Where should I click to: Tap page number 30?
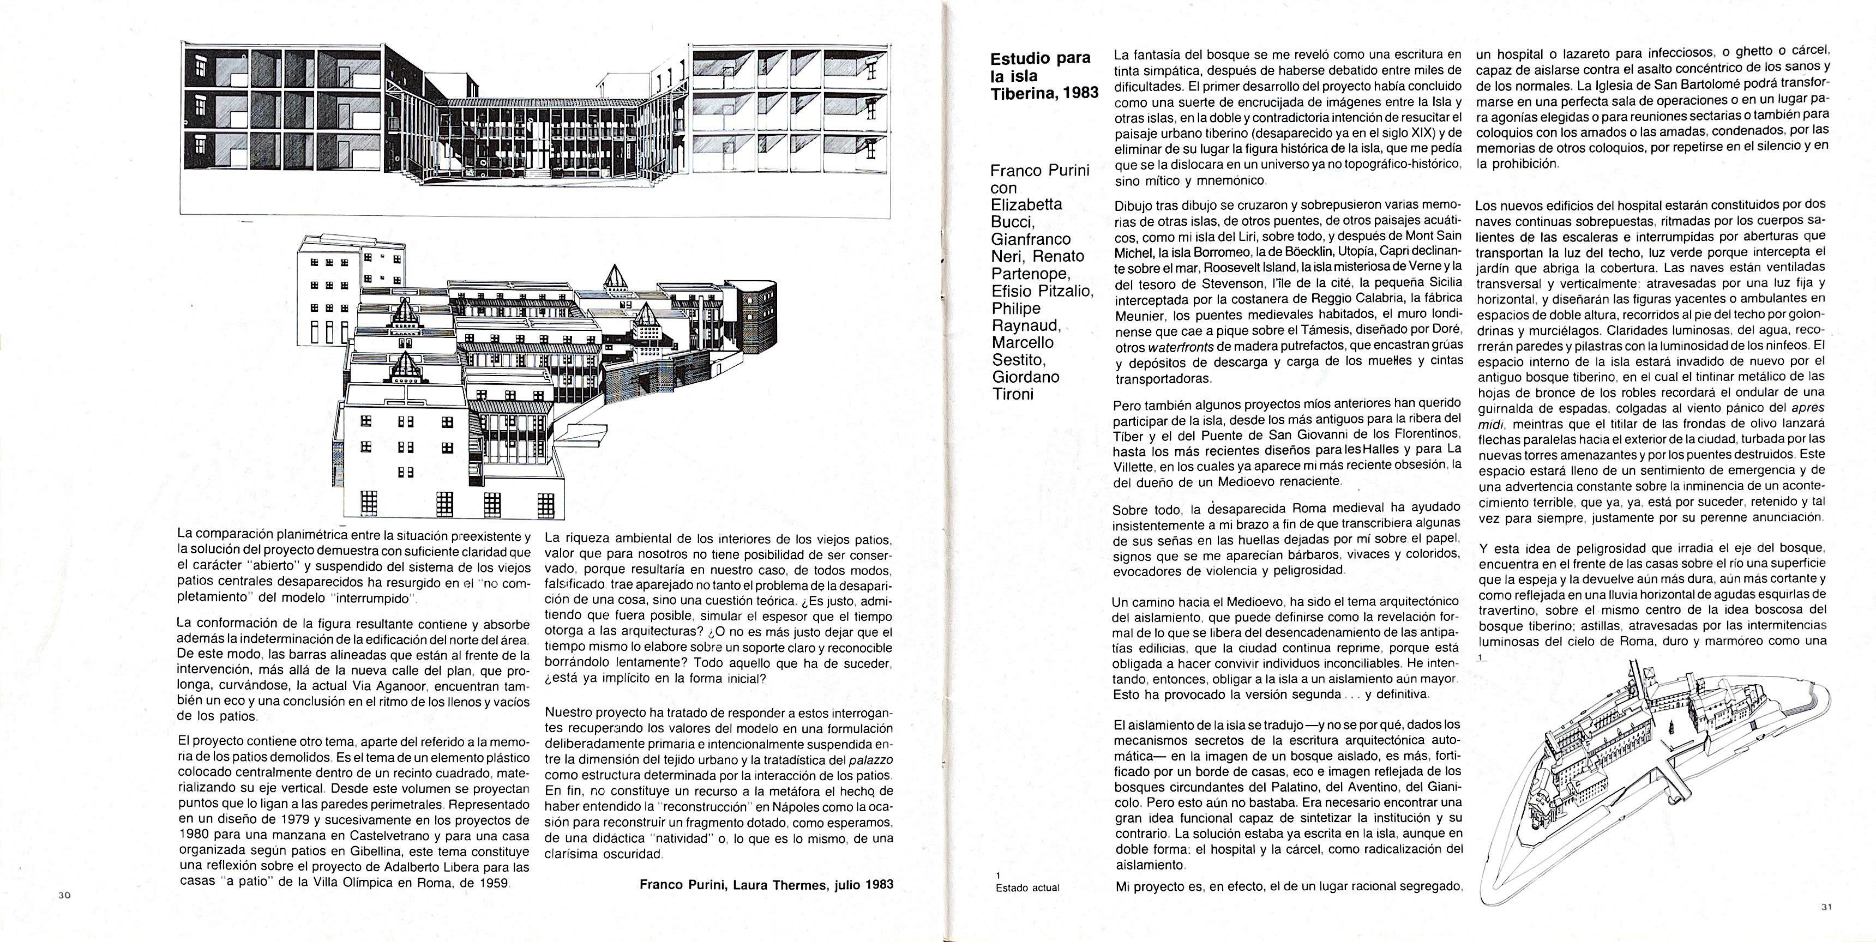click(x=64, y=896)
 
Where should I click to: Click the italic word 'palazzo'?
click(x=871, y=760)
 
